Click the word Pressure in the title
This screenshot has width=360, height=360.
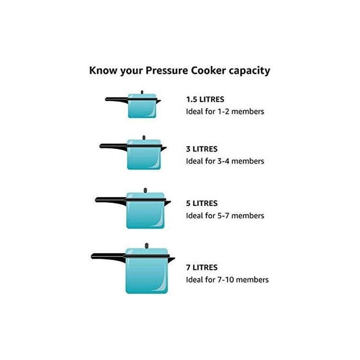167,70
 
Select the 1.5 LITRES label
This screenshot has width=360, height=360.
205,99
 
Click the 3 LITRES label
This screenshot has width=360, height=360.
202,149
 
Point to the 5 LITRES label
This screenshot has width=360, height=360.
202,204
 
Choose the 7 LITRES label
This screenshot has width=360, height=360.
202,267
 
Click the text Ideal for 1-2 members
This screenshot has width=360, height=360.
225,111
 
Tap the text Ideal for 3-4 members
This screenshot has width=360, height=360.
225,161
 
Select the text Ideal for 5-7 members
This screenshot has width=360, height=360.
225,216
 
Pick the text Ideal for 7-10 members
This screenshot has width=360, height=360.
228,280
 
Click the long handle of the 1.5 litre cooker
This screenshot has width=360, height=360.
116,99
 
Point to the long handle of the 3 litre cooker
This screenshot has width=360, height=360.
113,146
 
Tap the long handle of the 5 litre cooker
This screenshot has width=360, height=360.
110,200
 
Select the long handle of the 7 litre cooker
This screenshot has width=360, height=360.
108,257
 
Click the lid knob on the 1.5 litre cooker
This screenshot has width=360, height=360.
142,92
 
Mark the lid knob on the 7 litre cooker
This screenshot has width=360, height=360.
147,246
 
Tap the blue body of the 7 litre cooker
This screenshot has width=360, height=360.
147,276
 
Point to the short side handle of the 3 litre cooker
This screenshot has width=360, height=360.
164,149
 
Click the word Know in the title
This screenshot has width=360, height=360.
104,70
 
